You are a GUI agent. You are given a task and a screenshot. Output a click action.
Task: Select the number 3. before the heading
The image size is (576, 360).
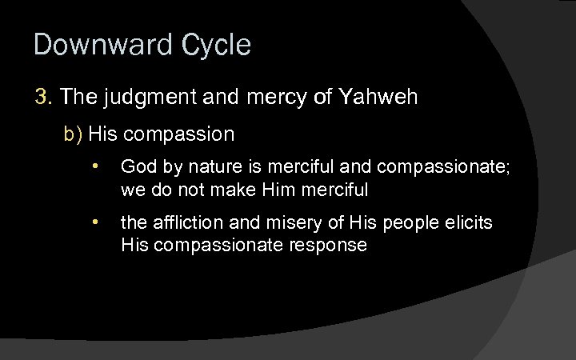click(x=43, y=98)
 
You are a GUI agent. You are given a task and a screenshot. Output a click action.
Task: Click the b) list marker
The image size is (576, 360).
click(x=74, y=134)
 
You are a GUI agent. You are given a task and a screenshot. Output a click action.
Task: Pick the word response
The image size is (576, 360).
click(x=327, y=246)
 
